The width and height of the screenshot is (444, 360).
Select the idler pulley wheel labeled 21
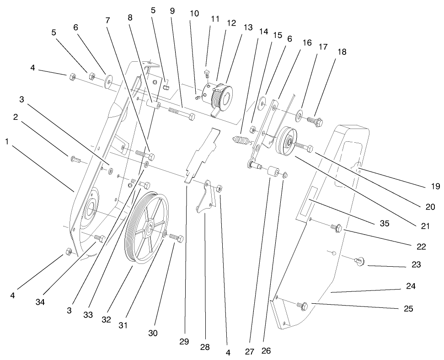point(288,142)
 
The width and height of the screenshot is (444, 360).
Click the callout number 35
point(384,224)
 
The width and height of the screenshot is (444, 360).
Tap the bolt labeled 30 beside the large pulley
point(176,238)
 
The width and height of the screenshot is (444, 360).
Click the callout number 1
point(7,142)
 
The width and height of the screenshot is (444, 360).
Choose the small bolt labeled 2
point(76,160)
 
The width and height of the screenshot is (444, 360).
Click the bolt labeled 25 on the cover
point(302,305)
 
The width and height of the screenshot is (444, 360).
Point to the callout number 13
point(248,27)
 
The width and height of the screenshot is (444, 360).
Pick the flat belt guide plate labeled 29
point(201,151)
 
